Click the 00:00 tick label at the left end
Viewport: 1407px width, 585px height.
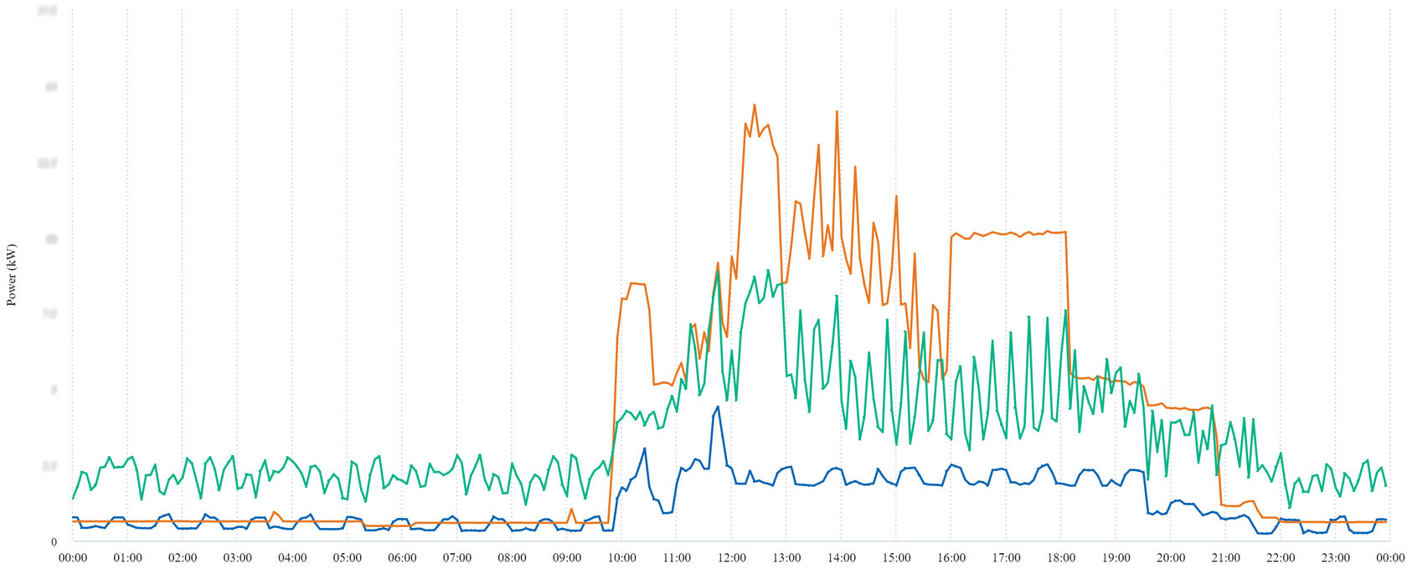point(73,558)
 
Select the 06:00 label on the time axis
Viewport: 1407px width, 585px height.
point(402,558)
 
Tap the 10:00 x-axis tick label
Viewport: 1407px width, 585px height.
point(621,558)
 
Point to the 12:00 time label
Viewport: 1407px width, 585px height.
point(731,558)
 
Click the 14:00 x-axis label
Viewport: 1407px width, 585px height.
point(841,558)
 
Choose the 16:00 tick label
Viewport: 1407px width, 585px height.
point(951,558)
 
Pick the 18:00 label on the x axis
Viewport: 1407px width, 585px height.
point(1061,558)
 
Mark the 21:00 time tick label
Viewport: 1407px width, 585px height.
point(1225,558)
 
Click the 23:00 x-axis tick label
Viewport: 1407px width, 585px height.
point(1335,558)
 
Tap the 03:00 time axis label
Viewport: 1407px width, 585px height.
point(237,558)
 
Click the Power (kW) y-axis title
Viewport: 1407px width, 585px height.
point(12,275)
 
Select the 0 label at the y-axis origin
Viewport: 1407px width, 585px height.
point(54,542)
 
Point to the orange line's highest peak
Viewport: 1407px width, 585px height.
point(754,105)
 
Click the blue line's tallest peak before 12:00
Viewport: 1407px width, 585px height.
point(718,406)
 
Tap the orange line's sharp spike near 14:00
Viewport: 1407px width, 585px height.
point(836,111)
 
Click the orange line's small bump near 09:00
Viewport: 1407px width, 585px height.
point(571,509)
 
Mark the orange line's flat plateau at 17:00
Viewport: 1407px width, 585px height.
point(1006,233)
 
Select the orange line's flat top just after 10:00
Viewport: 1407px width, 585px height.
point(635,284)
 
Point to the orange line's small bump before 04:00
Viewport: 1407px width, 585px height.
point(274,511)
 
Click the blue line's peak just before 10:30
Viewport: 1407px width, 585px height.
point(644,448)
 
